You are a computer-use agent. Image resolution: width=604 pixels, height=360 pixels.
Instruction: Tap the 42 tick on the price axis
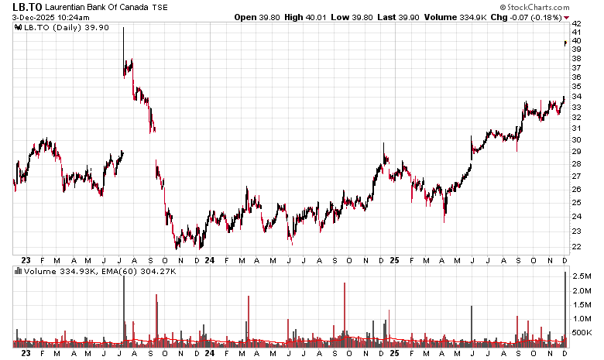click(576, 23)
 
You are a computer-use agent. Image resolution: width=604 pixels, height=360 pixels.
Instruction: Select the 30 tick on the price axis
click(576, 140)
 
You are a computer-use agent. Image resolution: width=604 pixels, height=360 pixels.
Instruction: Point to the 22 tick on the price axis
click(576, 247)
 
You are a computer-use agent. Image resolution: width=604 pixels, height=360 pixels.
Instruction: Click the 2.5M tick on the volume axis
click(582, 276)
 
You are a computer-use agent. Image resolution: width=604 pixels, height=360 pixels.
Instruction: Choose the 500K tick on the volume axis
click(582, 333)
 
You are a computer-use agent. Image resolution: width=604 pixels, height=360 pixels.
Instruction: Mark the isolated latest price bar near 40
click(565, 43)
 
